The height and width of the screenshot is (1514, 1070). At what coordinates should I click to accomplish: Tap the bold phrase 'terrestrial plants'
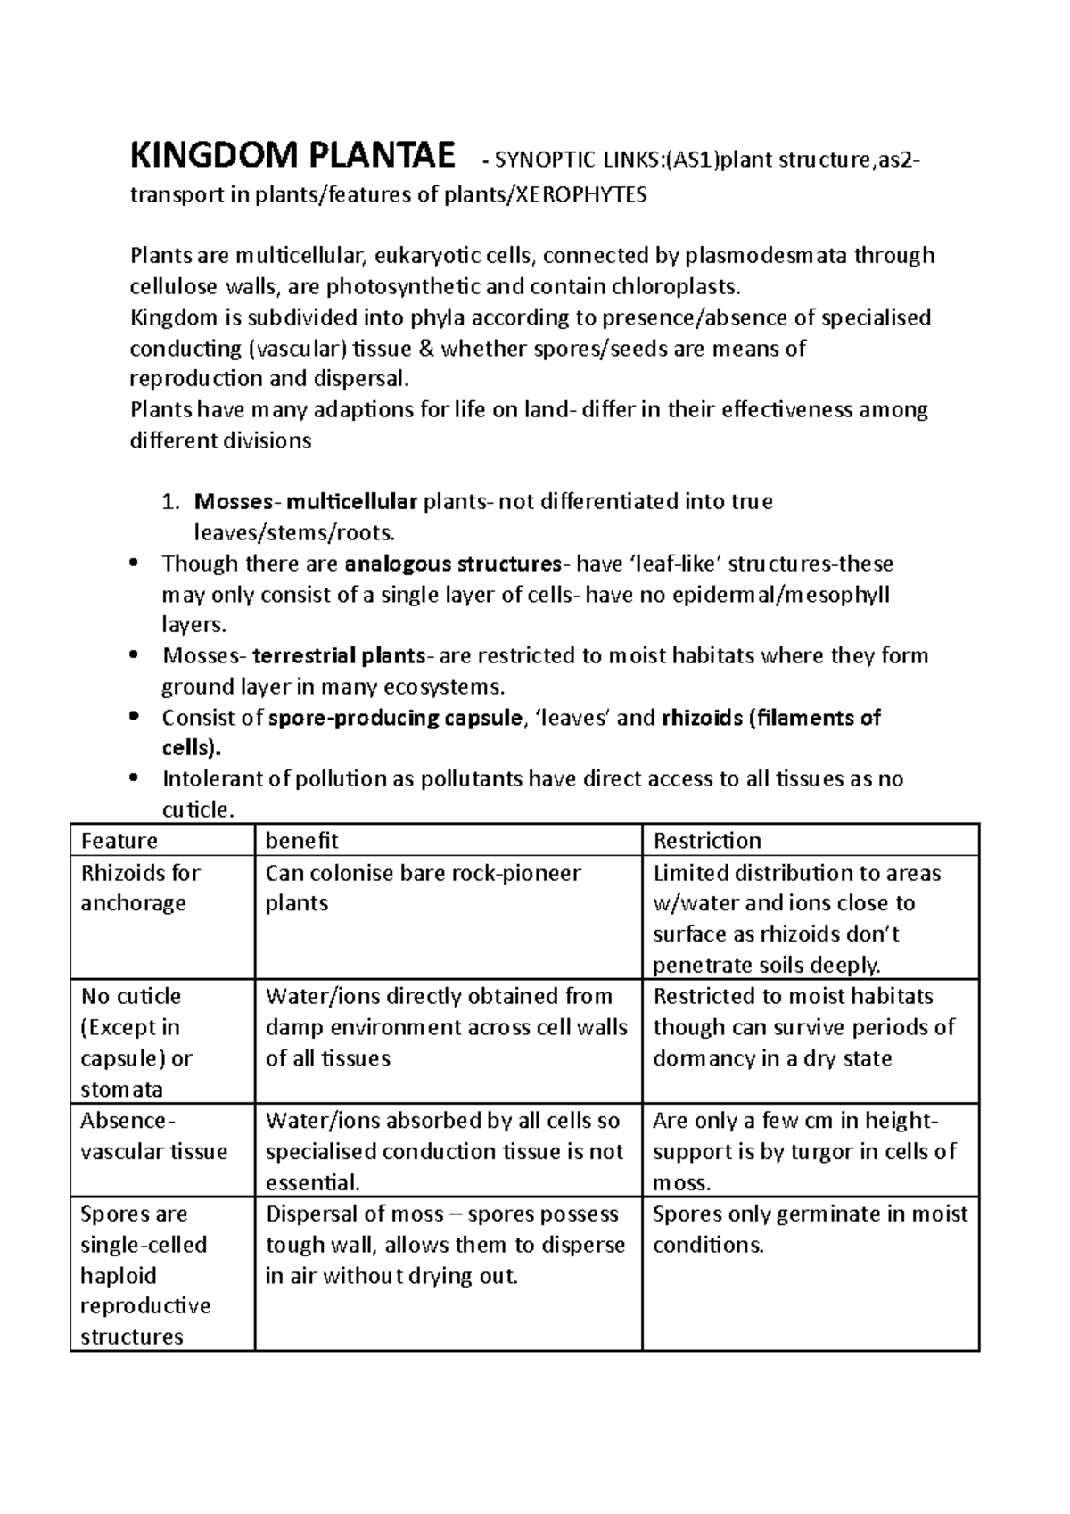340,656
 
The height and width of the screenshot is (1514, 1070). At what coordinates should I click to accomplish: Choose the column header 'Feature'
119,841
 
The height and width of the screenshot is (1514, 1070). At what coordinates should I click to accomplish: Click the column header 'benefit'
301,841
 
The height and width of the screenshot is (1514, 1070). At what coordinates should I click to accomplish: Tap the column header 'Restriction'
707,841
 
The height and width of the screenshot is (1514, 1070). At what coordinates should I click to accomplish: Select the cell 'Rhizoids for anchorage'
140,888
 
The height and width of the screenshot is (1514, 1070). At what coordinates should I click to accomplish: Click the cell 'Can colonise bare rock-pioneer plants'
423,888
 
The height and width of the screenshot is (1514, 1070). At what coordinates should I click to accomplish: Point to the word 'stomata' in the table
121,1090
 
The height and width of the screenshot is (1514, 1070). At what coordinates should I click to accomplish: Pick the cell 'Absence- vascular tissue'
153,1136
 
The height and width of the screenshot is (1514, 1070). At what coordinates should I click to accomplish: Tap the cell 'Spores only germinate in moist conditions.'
810,1230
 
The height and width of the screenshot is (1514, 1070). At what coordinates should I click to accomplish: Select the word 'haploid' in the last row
118,1276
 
